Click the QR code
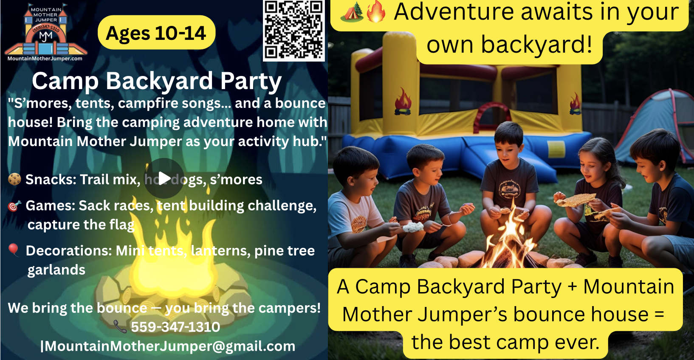[x=294, y=30]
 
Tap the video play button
[x=164, y=178]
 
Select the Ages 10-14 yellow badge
[x=156, y=33]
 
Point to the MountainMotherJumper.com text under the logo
[x=45, y=59]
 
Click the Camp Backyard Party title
[x=157, y=81]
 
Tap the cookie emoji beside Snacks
[x=14, y=179]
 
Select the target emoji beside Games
[x=14, y=205]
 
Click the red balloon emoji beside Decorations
[x=14, y=250]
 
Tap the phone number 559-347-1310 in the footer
[x=175, y=327]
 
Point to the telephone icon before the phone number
[x=120, y=326]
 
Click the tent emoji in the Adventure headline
[x=352, y=12]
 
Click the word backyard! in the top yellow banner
[x=536, y=44]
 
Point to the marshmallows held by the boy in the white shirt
[x=413, y=227]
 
